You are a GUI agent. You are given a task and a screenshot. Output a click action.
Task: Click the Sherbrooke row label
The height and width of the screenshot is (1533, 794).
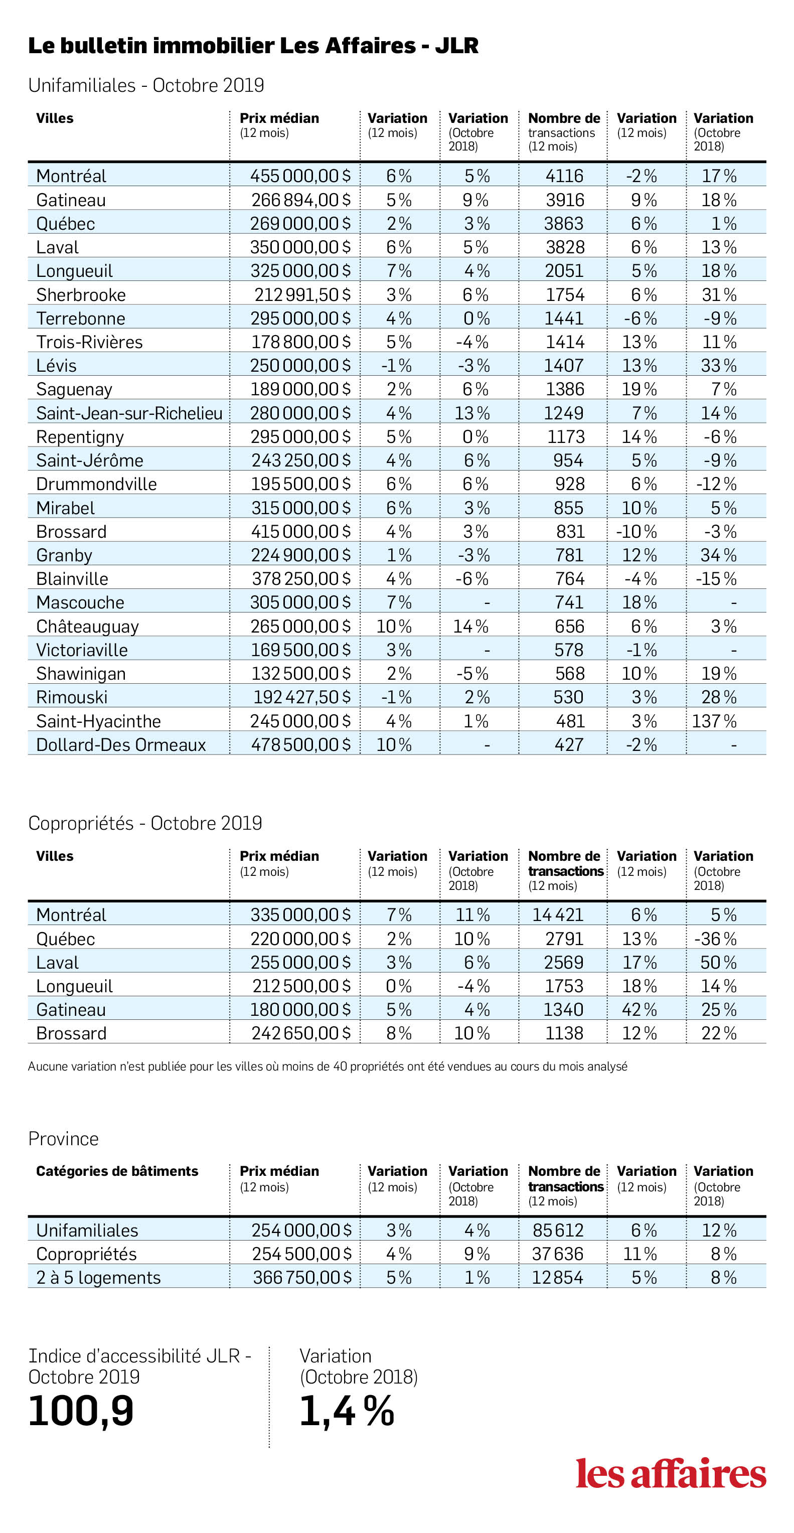pos(81,294)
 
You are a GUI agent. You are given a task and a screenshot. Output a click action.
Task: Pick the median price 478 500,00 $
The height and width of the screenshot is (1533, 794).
pos(300,744)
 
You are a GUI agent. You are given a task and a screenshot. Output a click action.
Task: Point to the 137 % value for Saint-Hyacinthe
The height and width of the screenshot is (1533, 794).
pos(714,721)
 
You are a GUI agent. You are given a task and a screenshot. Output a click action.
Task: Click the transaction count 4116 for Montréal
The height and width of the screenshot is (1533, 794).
pos(565,176)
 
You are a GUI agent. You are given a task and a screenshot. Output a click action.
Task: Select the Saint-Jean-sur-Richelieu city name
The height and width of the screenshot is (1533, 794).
pos(129,413)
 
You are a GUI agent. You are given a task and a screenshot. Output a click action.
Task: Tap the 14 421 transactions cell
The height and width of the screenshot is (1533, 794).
pos(558,914)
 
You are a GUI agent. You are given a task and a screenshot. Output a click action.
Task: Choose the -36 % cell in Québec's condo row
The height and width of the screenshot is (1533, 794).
pos(715,939)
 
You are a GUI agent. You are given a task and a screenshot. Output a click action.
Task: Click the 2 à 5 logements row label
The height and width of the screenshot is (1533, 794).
pos(98,1278)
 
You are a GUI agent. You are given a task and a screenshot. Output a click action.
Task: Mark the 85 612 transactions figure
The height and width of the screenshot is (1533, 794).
pos(558,1230)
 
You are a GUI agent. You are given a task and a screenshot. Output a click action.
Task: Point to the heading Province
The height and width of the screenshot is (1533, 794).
pos(64,1138)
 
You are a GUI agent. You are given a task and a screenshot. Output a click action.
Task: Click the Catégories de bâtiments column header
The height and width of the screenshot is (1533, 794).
pos(117,1171)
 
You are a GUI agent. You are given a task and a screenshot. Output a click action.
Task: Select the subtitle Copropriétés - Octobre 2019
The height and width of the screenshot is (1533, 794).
pos(145,823)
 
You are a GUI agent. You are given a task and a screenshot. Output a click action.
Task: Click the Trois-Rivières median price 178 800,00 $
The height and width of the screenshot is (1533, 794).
pos(300,342)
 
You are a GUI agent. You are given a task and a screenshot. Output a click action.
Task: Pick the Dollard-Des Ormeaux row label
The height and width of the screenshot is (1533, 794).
pos(121,744)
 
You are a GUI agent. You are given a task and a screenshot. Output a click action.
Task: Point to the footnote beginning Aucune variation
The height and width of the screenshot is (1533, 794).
pos(328,1066)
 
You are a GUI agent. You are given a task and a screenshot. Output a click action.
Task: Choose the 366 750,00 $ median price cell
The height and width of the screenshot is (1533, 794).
pos(302,1278)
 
